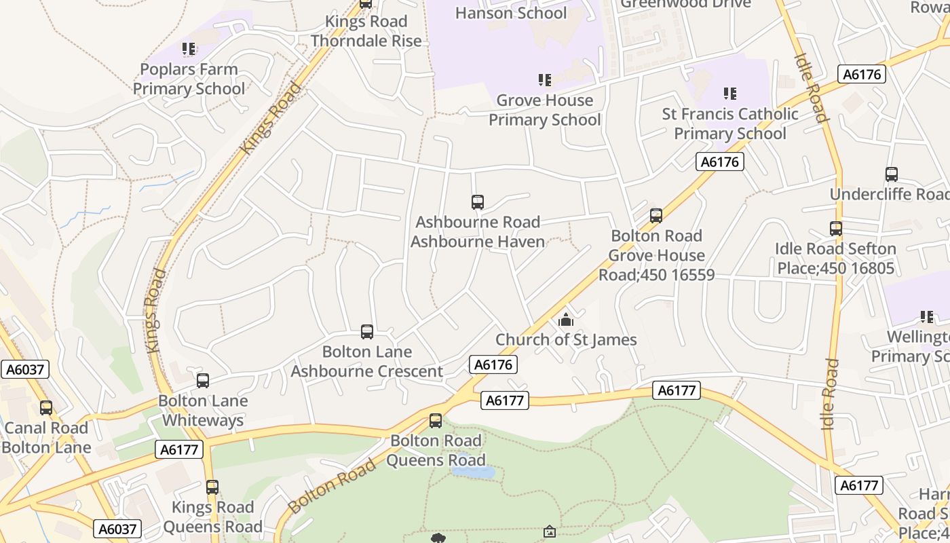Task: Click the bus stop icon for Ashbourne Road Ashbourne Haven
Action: (478, 202)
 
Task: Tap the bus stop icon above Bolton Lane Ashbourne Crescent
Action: (367, 331)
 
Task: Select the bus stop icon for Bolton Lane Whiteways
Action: (203, 380)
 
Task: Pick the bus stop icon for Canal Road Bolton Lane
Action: (46, 407)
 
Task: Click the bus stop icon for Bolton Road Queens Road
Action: (436, 420)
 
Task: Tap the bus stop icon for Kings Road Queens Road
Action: (212, 487)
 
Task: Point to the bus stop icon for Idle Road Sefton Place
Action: (836, 228)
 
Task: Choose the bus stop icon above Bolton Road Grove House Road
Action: (655, 215)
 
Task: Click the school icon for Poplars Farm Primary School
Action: (189, 49)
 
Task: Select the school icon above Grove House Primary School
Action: (545, 80)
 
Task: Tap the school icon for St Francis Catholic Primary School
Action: (730, 93)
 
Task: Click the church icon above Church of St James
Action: (566, 320)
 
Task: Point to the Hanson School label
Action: (511, 13)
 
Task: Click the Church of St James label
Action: (566, 339)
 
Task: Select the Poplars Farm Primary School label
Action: (189, 79)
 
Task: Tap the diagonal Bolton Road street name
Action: (332, 486)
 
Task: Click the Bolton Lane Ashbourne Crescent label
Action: (367, 361)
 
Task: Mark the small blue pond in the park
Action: (473, 471)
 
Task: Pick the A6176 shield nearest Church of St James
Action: (493, 364)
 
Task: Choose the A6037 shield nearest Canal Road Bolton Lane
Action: (25, 369)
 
